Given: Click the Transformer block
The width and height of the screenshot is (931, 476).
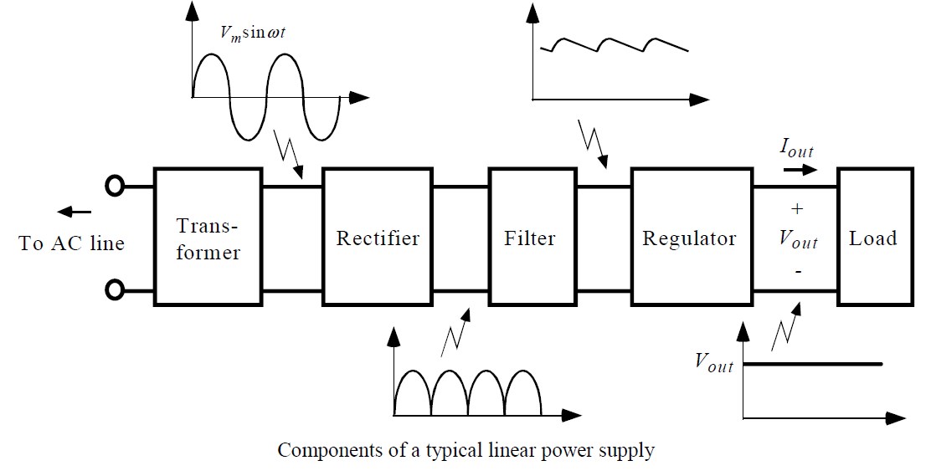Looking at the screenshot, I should tap(208, 238).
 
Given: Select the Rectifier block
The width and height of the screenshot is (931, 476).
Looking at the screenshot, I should tap(378, 238).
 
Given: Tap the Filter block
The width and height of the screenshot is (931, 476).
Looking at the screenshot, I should tap(530, 238).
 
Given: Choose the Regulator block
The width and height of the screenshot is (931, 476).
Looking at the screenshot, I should tap(689, 238).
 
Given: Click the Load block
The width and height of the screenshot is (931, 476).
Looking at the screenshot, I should tap(873, 238).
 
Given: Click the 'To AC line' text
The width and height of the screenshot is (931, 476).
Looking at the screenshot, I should tap(72, 243).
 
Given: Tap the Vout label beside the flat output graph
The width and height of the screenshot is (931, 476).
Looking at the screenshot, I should tap(713, 364).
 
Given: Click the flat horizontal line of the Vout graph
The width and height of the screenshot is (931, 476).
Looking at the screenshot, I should tap(812, 364).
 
